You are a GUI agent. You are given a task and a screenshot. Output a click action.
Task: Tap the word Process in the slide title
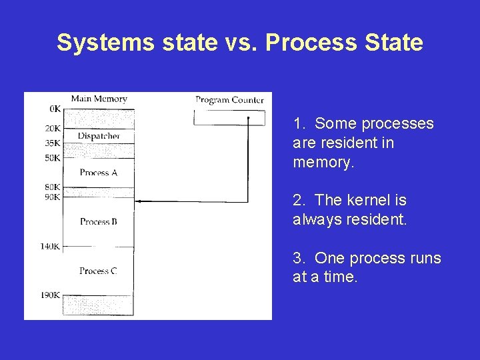pos(302,43)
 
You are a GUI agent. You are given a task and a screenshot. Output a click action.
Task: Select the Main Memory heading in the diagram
pos(99,99)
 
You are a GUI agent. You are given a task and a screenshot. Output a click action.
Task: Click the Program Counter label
pos(229,100)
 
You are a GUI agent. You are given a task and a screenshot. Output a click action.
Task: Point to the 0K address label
pos(55,108)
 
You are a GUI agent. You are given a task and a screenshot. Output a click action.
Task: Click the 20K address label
pos(53,129)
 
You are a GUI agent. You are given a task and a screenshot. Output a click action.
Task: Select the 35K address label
pos(53,143)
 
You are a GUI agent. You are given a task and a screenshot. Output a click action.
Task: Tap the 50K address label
pos(53,158)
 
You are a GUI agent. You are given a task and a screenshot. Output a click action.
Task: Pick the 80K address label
pos(53,187)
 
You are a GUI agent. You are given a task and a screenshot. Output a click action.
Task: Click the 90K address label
pos(53,197)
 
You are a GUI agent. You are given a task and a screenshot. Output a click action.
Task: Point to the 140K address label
pos(50,247)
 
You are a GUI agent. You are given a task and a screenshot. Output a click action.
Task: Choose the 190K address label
pos(50,295)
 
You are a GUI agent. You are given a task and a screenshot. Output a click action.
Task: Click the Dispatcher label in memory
pos(99,136)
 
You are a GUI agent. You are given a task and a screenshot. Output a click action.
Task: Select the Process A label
pos(98,173)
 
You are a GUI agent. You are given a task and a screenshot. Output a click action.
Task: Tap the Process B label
pos(98,221)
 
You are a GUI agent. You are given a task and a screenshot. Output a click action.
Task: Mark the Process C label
pos(98,271)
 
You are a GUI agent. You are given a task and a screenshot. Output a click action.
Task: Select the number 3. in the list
pos(299,258)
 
